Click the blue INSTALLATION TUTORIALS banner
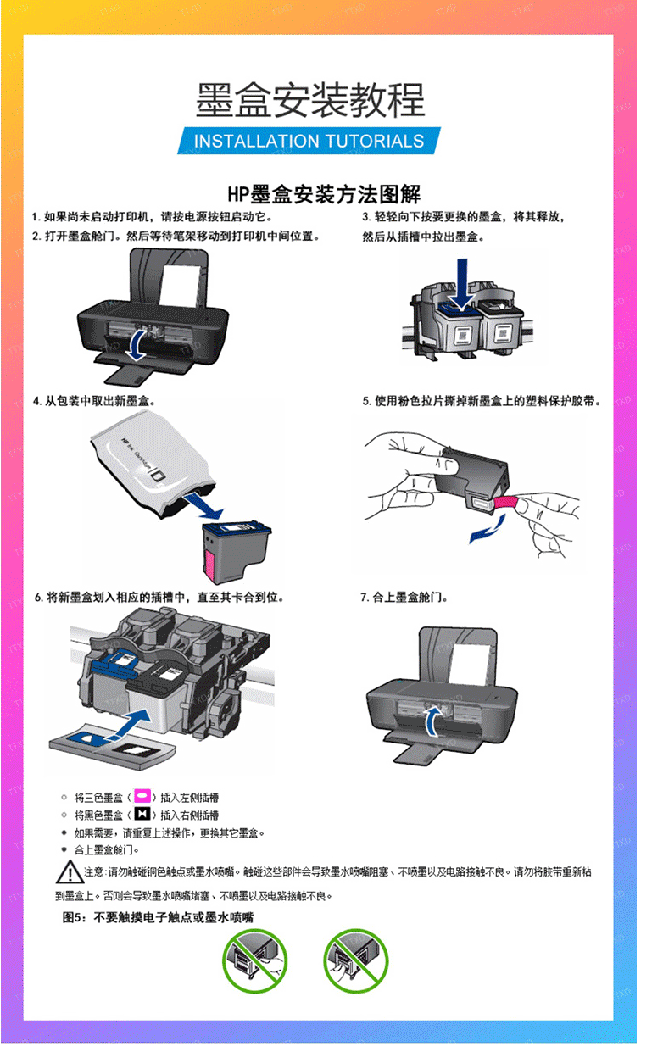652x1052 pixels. point(309,141)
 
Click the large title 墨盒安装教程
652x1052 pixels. point(310,100)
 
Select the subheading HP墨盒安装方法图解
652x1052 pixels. point(324,194)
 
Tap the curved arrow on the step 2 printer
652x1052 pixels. point(137,345)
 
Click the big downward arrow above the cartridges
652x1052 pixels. point(462,284)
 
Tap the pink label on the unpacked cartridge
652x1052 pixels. point(210,567)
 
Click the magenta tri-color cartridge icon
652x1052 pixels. point(142,796)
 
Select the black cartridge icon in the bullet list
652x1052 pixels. point(142,814)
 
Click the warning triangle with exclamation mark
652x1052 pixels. point(70,872)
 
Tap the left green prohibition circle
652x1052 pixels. point(254,960)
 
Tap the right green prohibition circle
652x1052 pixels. point(355,960)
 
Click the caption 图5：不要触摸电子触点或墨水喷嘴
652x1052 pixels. point(158,917)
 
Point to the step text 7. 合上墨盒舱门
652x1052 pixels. point(404,598)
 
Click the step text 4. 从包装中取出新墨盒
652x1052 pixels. point(94,401)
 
